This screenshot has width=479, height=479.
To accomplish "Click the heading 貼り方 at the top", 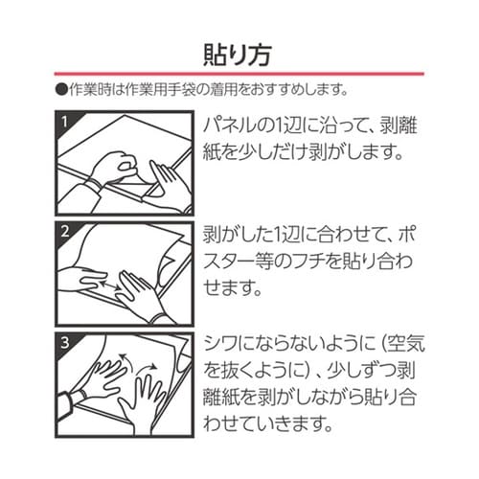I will tap(239, 50).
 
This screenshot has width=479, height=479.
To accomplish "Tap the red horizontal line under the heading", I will tap(239, 76).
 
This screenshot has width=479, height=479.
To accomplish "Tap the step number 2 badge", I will tap(65, 231).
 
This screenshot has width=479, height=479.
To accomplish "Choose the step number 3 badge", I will tap(65, 340).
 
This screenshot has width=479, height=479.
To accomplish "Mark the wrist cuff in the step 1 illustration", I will tap(93, 181).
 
